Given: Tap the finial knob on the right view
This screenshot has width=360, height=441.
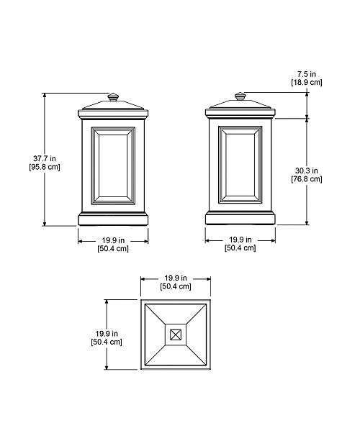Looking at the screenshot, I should coord(240,95).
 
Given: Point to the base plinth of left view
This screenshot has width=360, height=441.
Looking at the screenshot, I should coord(112,217).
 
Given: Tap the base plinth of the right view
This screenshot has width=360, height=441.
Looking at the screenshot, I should coord(240,217).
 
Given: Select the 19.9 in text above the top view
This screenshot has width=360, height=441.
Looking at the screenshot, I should coord(175,278).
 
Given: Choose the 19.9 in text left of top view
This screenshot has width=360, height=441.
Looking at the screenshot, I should coord(107,332).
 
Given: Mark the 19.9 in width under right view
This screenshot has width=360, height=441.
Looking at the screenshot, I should coord(240,239).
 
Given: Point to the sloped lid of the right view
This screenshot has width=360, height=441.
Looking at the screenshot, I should coord(240,105).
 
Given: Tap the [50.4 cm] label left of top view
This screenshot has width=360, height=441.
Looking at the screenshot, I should coord(107,342).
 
